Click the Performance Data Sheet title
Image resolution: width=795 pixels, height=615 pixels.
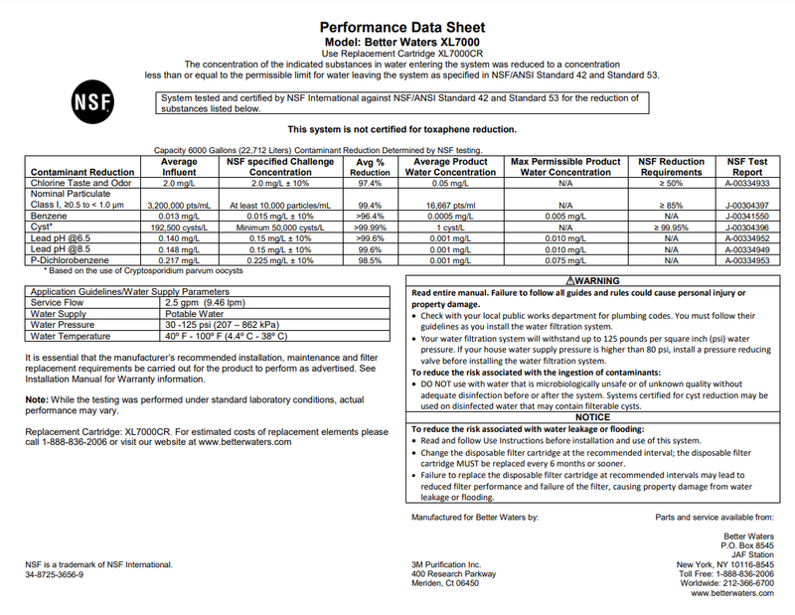point(402,27)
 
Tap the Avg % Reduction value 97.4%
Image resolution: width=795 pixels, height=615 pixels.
point(370,184)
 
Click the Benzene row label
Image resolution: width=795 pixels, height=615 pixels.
point(51,215)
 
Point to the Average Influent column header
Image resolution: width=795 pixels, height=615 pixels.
point(179,166)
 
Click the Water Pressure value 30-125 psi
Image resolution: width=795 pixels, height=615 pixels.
point(223,324)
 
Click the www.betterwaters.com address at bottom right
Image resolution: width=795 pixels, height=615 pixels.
point(731,593)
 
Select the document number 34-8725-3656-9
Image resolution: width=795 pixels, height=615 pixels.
point(55,574)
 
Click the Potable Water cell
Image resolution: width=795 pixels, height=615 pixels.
point(195,313)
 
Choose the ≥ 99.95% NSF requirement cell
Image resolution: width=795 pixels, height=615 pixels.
point(671,227)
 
